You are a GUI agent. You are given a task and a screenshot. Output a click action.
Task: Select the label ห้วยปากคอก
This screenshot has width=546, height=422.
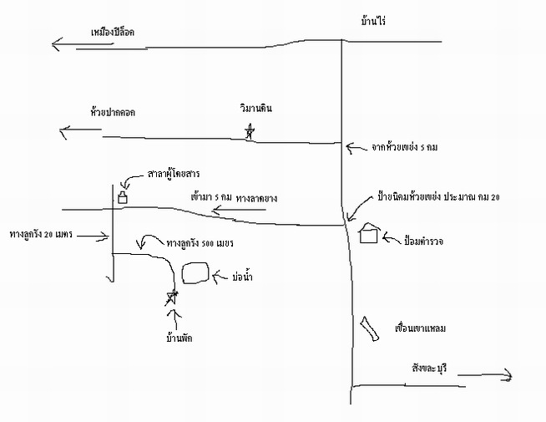coord(114,110)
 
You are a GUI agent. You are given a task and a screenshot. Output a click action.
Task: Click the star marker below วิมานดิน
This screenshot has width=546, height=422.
coord(249,132)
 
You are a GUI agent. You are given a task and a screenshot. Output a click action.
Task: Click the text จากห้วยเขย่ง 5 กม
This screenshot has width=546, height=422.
coord(404,147)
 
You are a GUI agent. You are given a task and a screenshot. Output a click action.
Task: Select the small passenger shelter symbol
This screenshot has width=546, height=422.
coord(122,198)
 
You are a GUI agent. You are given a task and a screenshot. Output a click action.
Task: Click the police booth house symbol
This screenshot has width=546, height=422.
coord(369,233)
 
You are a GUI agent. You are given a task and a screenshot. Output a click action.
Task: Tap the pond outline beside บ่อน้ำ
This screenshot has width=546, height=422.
coord(194,273)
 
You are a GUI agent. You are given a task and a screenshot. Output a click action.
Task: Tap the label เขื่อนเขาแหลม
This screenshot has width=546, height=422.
coord(420,328)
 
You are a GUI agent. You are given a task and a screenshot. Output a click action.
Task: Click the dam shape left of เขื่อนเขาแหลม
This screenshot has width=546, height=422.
coord(367,328)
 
